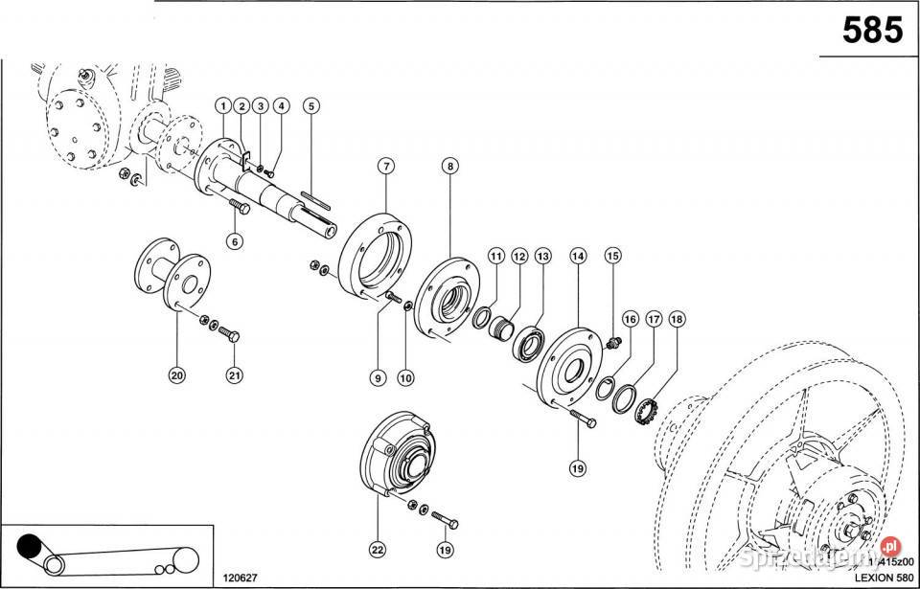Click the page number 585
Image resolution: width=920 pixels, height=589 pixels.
[871, 31]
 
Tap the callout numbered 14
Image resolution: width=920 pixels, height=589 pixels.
[578, 256]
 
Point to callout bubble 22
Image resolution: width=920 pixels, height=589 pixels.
[377, 550]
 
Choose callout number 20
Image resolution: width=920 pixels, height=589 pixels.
[177, 375]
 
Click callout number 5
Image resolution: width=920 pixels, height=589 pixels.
[310, 105]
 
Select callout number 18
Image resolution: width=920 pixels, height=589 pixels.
[678, 318]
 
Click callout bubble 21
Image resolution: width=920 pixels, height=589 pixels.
[234, 375]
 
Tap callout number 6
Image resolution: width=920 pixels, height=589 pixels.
[234, 241]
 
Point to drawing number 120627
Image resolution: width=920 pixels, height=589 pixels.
[241, 578]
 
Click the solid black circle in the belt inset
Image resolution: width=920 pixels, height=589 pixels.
[31, 546]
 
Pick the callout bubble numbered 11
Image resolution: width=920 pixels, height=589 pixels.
[495, 256]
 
